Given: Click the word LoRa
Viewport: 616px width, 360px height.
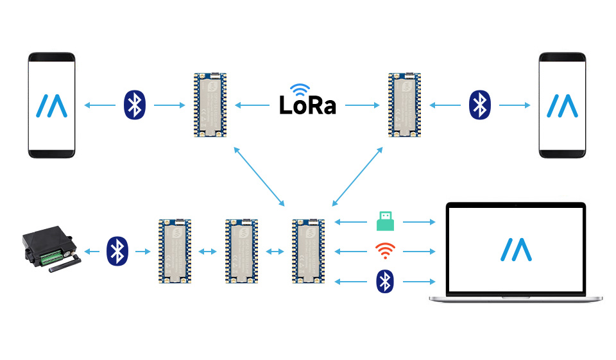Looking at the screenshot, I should [307, 105].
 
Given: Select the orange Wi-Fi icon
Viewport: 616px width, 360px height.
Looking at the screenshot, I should [384, 251].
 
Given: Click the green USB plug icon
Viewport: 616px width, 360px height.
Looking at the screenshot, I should [385, 221].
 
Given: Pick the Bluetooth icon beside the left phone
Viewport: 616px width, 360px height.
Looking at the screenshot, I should [134, 105].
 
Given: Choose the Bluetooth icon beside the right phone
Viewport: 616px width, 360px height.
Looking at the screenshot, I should [479, 105].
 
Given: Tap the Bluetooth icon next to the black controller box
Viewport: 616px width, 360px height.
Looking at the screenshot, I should [116, 251].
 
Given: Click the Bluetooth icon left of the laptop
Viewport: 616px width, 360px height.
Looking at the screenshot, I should [384, 281].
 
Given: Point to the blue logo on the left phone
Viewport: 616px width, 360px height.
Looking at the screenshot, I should [51, 105].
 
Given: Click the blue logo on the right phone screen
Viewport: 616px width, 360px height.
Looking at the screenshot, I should [562, 105].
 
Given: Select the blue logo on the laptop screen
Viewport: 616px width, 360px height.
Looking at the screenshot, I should [517, 250].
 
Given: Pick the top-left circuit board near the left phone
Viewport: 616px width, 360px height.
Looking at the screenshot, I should [210, 105].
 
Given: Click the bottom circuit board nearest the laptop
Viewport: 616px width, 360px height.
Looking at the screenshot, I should [308, 251].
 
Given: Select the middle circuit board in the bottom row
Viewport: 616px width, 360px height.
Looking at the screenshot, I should [242, 251].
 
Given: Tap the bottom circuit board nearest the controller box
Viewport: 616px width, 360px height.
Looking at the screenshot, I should [175, 251].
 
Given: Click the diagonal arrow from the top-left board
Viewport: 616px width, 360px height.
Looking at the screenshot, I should [259, 176].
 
